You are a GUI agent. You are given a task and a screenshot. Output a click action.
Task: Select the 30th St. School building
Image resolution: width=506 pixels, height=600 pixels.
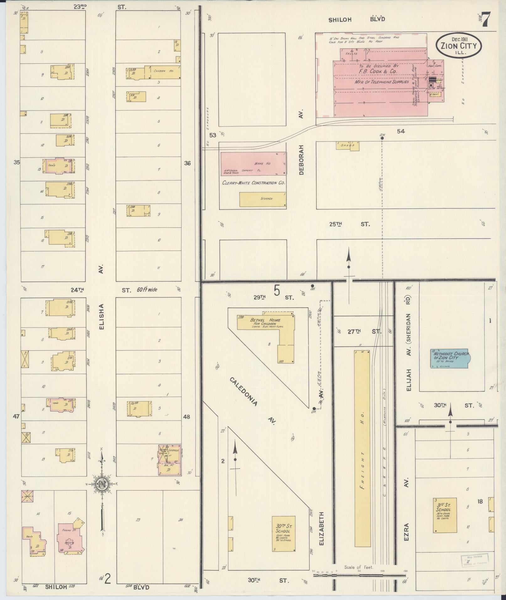[283, 534]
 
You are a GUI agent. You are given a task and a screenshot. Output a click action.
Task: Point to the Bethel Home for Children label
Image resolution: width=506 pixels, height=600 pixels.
[265, 322]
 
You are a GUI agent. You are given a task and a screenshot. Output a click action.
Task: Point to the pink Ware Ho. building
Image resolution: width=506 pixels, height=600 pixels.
[253, 164]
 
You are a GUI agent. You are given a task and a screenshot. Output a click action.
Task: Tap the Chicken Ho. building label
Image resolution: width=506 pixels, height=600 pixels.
[163, 71]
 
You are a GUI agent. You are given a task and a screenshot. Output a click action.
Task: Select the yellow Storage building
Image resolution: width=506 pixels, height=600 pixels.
[263, 199]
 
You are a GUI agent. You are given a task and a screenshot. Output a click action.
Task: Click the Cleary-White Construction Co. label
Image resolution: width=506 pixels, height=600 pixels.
[253, 183]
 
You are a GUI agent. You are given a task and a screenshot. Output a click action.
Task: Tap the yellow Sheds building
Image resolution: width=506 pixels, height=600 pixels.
[348, 146]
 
